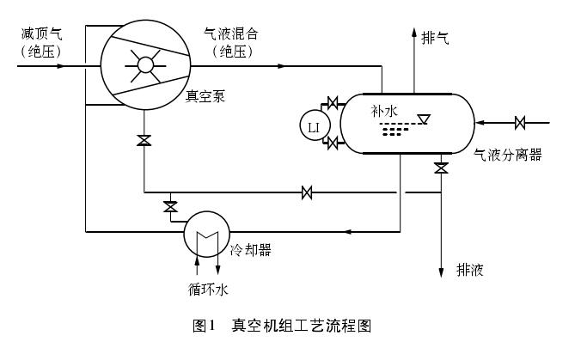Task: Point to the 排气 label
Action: (x=435, y=38)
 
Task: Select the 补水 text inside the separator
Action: (x=385, y=111)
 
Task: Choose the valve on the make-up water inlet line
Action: (x=520, y=123)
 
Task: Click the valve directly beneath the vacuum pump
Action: (x=144, y=141)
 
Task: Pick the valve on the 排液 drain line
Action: (x=441, y=168)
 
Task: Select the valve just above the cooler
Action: (x=170, y=206)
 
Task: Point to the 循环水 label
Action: (x=208, y=290)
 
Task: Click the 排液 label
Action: (x=469, y=271)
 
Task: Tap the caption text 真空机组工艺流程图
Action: (x=301, y=326)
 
